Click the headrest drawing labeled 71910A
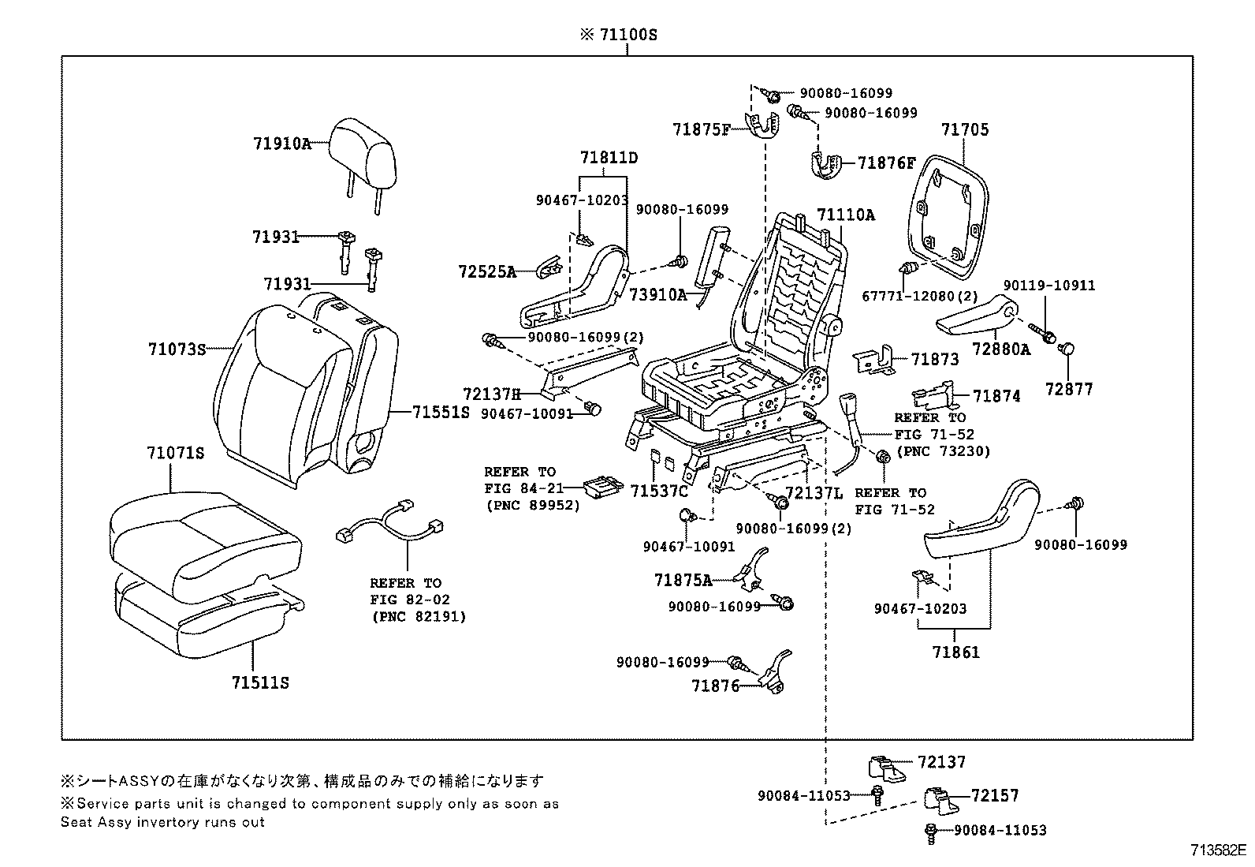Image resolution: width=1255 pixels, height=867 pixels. tap(363, 150)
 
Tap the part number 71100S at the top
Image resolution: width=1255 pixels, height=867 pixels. tap(618, 36)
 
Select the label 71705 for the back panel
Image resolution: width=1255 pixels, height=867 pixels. tap(964, 129)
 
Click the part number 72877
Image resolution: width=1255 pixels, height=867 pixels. tap(1069, 389)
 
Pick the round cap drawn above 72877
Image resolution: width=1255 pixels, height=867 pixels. tap(1069, 349)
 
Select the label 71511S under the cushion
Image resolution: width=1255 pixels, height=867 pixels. tap(260, 682)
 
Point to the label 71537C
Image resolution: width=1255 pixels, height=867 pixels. tap(659, 491)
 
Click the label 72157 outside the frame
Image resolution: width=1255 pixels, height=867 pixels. tap(995, 795)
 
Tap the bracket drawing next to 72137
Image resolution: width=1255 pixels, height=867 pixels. tap(888, 765)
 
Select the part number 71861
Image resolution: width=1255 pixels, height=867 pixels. tap(955, 652)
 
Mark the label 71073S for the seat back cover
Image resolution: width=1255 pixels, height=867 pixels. tap(177, 349)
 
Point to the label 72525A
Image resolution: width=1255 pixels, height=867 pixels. tap(486, 272)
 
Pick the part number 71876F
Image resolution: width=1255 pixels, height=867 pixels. tap(886, 163)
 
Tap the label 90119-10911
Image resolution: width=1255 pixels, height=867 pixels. tap(1049, 286)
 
